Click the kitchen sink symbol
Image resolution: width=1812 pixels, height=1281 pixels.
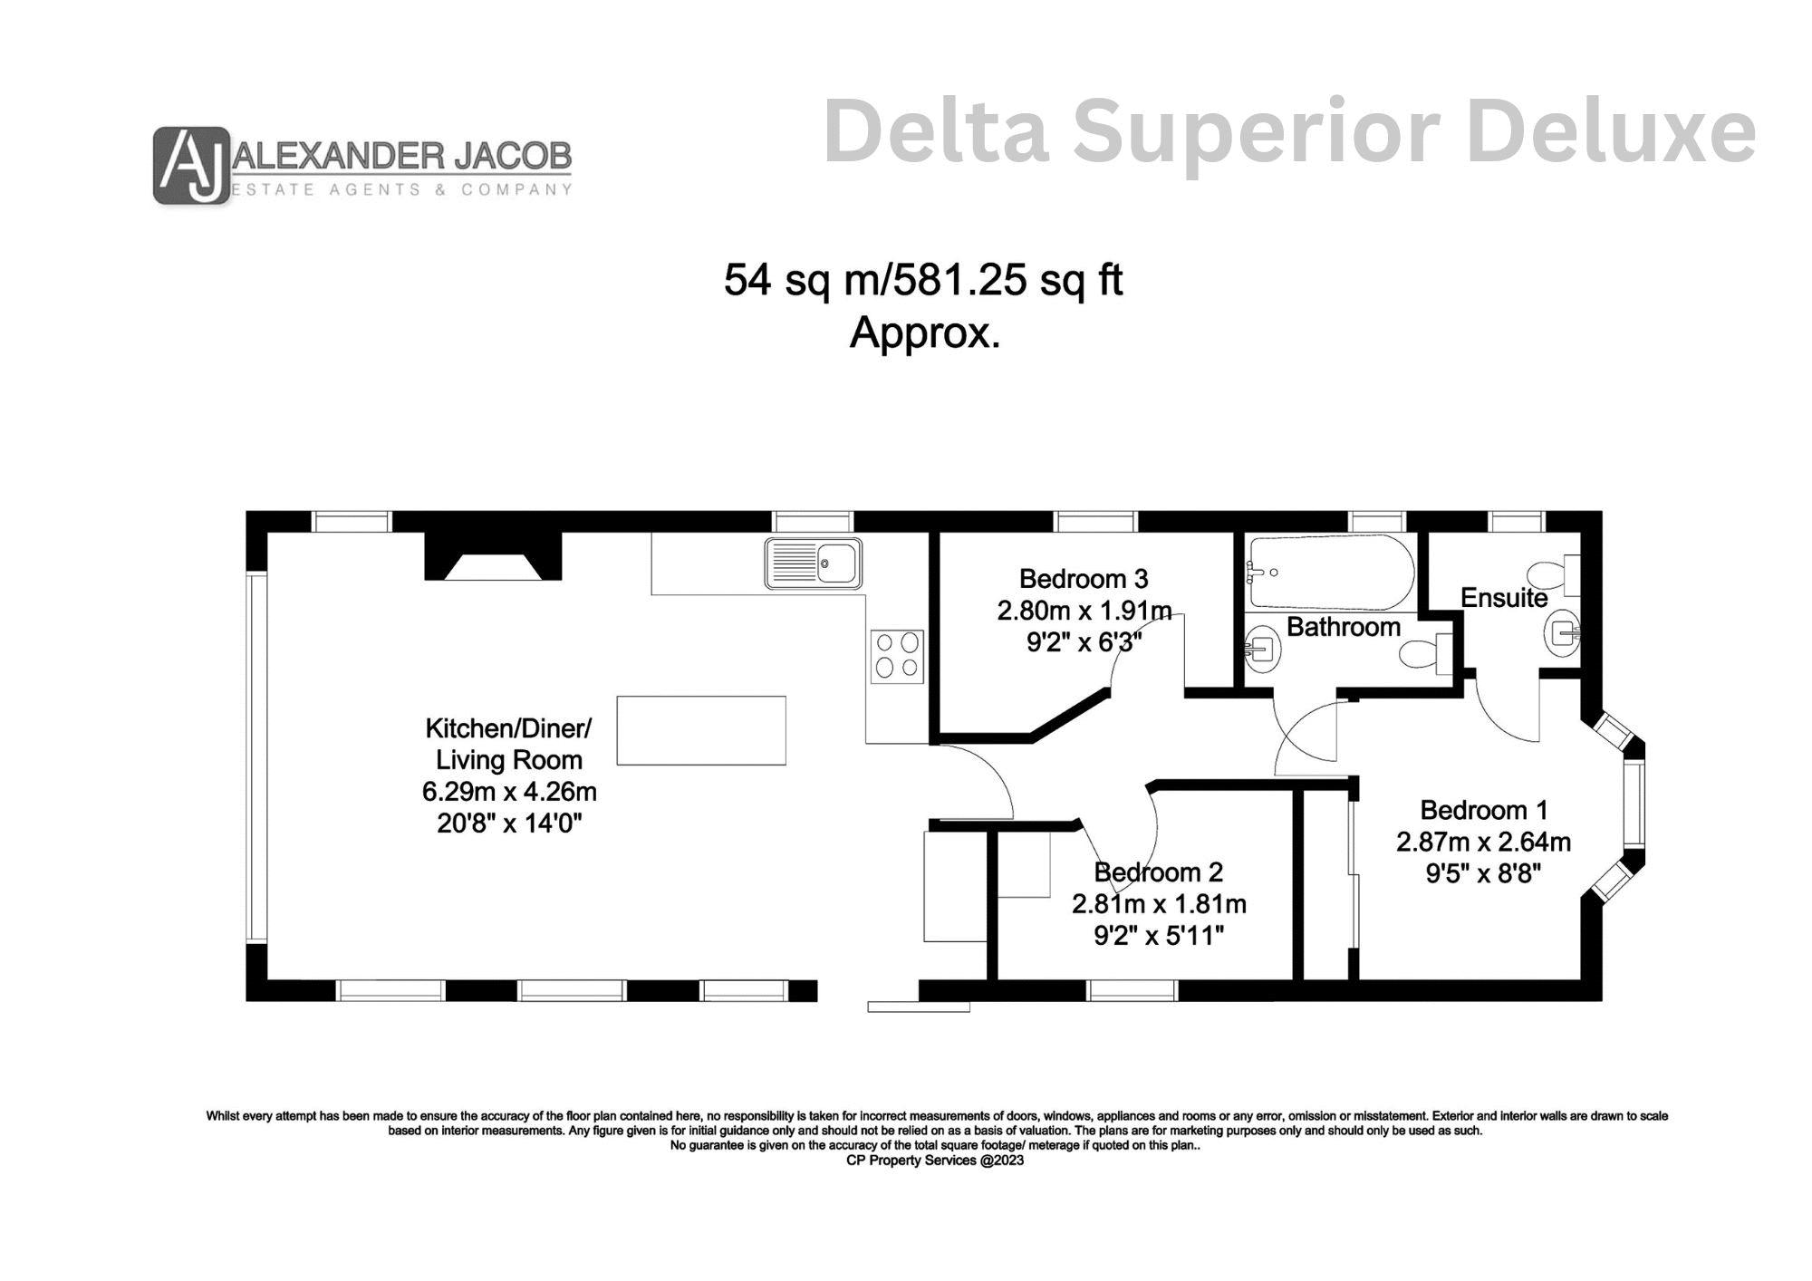[813, 563]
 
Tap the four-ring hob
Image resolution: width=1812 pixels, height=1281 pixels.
[897, 657]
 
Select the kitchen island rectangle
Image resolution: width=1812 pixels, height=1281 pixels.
[701, 730]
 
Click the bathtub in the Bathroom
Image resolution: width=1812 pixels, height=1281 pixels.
[1330, 573]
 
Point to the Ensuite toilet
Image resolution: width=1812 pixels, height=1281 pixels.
[1554, 575]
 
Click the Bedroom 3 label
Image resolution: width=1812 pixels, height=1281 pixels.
[1084, 578]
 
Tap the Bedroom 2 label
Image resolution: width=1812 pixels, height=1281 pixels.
[1159, 872]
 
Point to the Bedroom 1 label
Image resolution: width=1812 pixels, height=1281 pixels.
[1484, 810]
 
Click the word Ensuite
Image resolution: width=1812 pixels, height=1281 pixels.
[1504, 598]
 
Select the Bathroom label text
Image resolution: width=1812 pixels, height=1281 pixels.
[1344, 627]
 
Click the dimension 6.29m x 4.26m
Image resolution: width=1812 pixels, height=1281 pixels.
[509, 792]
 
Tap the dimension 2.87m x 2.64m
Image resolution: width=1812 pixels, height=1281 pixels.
[1483, 842]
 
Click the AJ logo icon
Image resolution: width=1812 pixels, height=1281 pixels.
[191, 165]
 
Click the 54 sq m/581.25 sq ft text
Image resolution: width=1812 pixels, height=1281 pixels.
[923, 280]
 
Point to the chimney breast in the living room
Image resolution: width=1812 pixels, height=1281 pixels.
[493, 555]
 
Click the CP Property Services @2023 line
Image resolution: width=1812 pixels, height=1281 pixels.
[935, 1161]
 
